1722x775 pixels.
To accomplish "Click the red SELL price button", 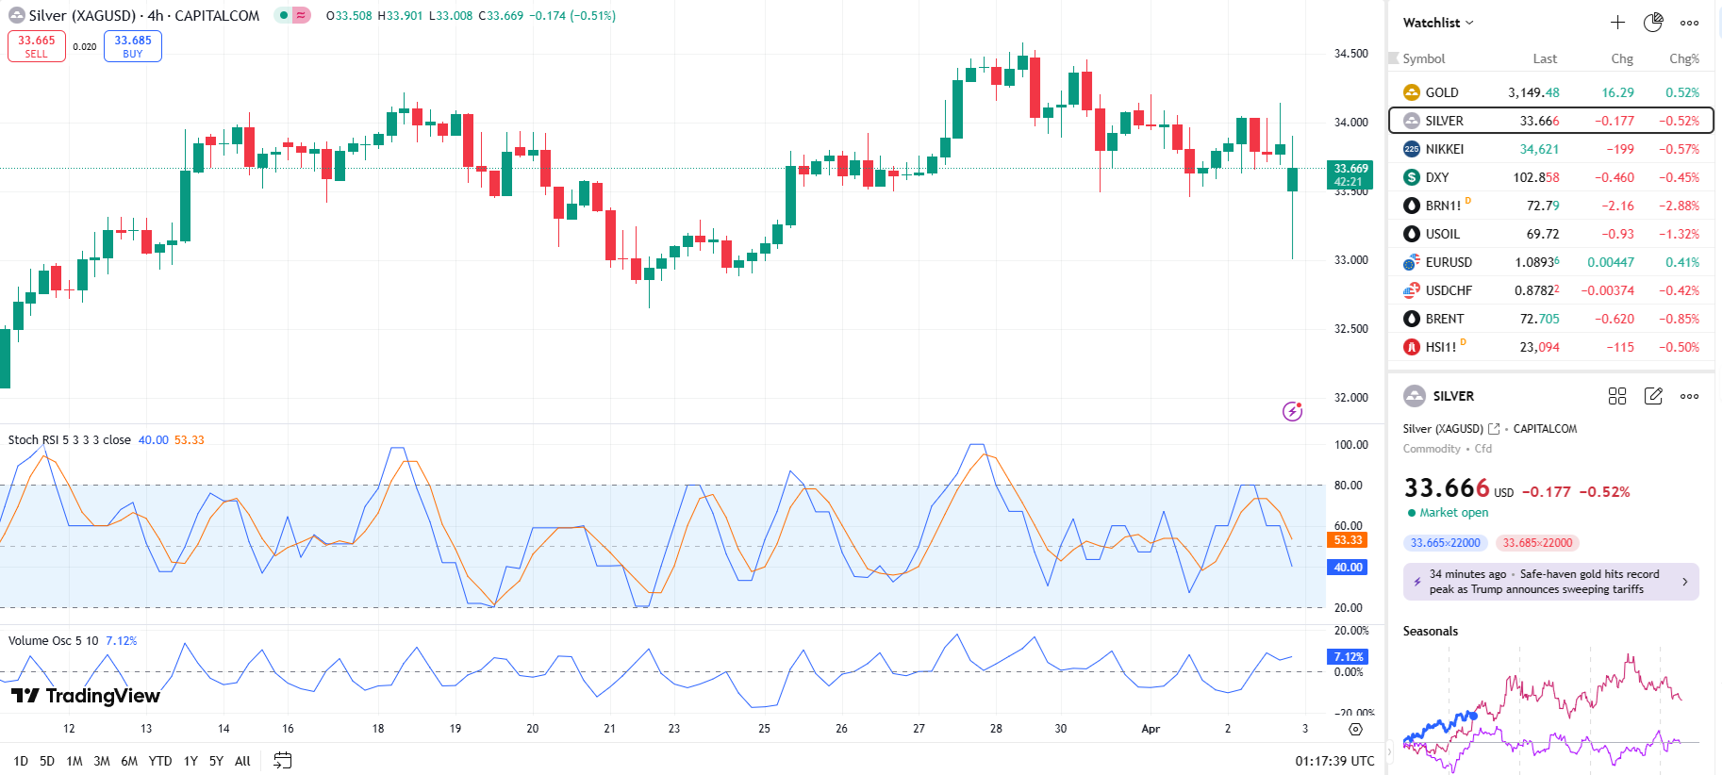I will pos(37,46).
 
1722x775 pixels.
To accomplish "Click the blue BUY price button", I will pos(133,46).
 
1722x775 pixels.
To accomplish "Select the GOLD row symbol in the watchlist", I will pos(1442,92).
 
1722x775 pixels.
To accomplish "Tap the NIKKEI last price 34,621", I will pos(1539,149).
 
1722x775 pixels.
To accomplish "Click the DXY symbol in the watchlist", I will pos(1437,177).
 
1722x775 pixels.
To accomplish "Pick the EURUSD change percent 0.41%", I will pos(1682,262).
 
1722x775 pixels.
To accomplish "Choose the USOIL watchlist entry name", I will pos(1443,234).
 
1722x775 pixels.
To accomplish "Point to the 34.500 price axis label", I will pos(1350,54).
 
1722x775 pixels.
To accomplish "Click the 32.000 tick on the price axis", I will pos(1350,398).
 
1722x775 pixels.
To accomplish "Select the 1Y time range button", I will pos(190,761).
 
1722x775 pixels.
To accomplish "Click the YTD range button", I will pos(160,761).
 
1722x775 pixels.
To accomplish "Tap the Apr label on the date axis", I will pos(1151,729).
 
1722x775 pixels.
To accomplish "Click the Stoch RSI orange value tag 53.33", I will pos(1348,540).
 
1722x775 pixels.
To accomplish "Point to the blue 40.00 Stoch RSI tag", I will pos(1348,568).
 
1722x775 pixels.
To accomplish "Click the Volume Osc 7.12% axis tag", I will pos(1348,657).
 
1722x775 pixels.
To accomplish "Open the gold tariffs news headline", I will pos(1551,582).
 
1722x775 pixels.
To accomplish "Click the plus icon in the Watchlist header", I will pos(1617,23).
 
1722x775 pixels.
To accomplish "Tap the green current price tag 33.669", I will pos(1349,174).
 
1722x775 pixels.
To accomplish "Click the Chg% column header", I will pos(1683,58).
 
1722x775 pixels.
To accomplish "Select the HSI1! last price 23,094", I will pos(1539,347).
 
